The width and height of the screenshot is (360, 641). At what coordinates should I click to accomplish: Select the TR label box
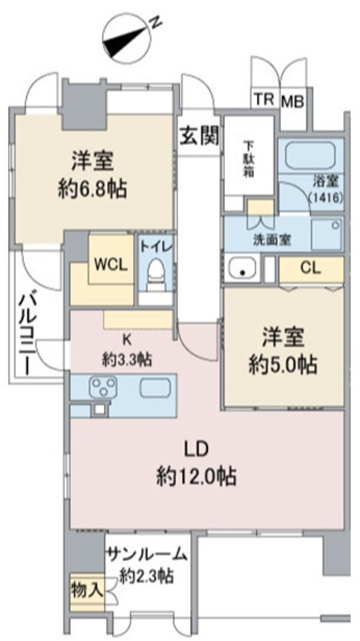[x=264, y=100]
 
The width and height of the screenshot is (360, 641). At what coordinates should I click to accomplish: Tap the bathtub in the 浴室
[x=310, y=156]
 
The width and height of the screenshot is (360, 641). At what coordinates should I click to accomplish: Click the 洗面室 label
[x=272, y=240]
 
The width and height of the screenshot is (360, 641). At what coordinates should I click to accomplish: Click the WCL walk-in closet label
[x=111, y=265]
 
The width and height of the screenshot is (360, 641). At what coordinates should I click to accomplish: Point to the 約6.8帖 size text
[x=92, y=189]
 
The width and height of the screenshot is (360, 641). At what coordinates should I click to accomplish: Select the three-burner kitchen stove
[x=103, y=386]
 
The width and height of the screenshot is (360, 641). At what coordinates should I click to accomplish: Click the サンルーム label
[x=146, y=554]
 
